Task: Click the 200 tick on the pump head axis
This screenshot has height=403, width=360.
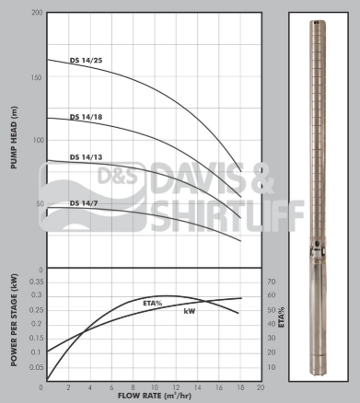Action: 36,13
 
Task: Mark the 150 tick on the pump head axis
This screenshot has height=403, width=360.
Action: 36,76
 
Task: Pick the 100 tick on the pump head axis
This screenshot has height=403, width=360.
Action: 36,140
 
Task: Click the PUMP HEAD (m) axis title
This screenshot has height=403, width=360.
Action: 14,138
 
